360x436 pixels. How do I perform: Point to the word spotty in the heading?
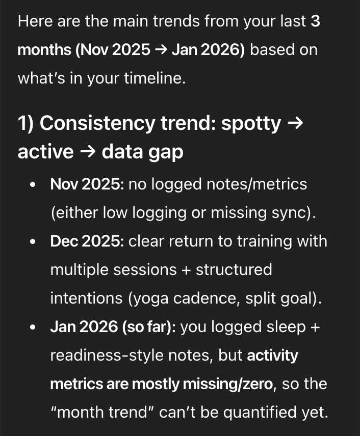(251, 123)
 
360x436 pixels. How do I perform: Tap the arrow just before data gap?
(88, 152)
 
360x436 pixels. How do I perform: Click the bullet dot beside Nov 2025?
(33, 185)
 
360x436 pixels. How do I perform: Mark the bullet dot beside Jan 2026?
(33, 328)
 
